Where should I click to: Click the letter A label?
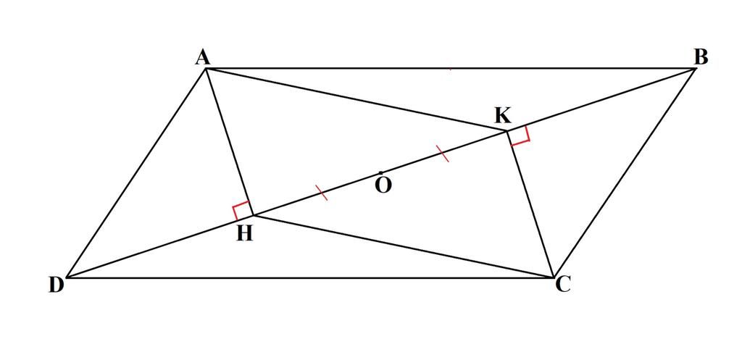[202, 57]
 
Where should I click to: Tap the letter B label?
[700, 57]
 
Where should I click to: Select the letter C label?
[563, 285]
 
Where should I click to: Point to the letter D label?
[57, 285]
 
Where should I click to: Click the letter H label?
[245, 233]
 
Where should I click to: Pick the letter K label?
[503, 115]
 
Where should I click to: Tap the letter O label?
[384, 185]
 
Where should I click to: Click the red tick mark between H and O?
[322, 193]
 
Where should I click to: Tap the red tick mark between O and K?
[442, 153]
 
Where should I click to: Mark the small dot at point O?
[380, 173]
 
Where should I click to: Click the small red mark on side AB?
[451, 69]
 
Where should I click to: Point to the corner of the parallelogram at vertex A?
[207, 68]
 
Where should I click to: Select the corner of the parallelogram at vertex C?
[554, 277]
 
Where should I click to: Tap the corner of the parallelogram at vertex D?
[67, 277]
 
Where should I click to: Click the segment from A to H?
[229, 141]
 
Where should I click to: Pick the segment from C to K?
[530, 204]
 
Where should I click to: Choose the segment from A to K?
[355, 100]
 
